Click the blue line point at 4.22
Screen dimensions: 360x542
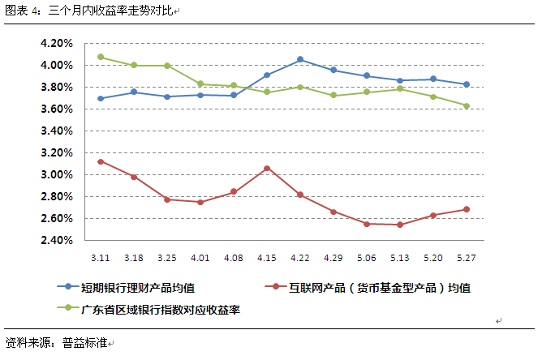click(x=300, y=59)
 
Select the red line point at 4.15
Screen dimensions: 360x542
click(x=267, y=168)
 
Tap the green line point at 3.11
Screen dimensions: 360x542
click(x=101, y=57)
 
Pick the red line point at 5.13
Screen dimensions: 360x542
click(x=400, y=225)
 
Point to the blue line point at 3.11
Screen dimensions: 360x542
click(x=101, y=99)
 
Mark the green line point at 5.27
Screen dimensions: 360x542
click(x=467, y=105)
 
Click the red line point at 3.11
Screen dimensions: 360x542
click(x=101, y=161)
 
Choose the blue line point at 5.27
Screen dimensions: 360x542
click(x=467, y=84)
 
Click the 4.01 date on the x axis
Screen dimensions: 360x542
click(x=200, y=257)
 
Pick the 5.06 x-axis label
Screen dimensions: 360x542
click(x=367, y=257)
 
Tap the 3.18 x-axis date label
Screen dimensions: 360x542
click(x=134, y=257)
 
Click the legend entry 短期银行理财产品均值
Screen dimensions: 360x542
click(x=138, y=287)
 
